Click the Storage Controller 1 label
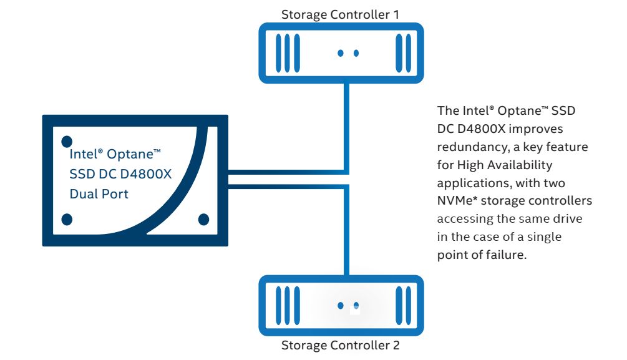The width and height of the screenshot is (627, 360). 340,14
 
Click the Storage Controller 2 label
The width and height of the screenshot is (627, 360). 340,345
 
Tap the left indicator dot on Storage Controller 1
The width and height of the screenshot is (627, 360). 341,53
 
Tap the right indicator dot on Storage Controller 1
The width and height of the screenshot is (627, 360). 356,53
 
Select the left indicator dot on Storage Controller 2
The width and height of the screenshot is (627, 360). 341,306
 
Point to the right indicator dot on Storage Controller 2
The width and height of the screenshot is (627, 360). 356,306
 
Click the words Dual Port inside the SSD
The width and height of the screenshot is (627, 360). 99,194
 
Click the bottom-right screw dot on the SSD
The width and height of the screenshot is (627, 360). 203,219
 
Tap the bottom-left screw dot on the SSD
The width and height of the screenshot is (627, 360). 67,219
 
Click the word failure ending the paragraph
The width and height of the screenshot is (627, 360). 509,255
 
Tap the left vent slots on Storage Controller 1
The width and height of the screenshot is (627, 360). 284,53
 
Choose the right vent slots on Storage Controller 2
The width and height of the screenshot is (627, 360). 403,306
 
